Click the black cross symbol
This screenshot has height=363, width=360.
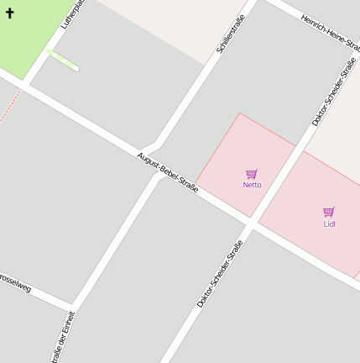point(10,13)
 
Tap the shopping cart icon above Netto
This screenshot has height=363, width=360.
point(251,174)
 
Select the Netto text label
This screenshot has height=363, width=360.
point(252,185)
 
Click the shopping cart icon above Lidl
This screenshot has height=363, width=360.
point(329,213)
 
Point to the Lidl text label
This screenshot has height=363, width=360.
point(329,224)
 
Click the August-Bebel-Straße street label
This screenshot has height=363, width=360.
point(168,172)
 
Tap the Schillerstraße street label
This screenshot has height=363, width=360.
point(231,34)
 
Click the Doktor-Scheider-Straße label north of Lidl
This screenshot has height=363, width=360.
point(333,92)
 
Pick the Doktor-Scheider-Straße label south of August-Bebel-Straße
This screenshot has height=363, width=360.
point(220,273)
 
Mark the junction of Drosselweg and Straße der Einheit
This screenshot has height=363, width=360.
point(73,306)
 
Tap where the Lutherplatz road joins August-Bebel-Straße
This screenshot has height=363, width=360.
point(25,84)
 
